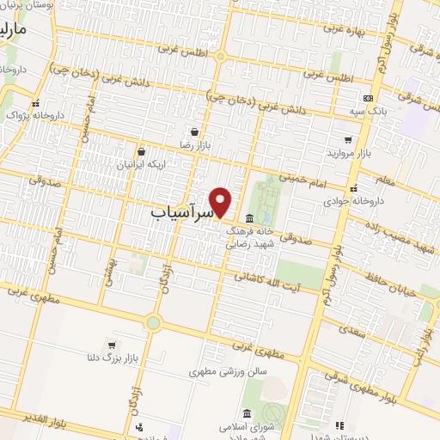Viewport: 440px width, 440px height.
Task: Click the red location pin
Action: click(x=221, y=201)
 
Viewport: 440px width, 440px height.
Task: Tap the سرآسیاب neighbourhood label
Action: click(x=180, y=212)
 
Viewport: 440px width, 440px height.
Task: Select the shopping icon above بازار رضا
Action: click(x=196, y=131)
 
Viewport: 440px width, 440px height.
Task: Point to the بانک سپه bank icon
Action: click(x=368, y=99)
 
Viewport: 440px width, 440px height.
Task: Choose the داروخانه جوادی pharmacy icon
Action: click(x=352, y=187)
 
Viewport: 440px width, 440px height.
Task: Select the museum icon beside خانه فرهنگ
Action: click(x=249, y=216)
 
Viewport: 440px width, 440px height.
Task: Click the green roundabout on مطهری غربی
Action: click(x=153, y=323)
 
